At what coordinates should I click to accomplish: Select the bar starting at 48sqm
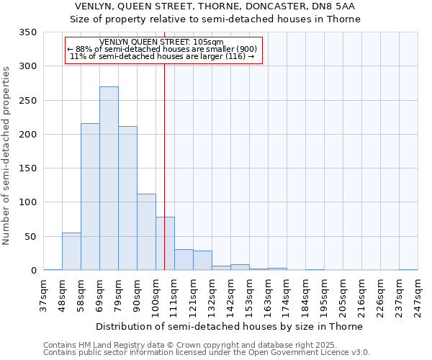(71, 251)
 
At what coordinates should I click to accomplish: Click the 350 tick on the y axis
(27, 32)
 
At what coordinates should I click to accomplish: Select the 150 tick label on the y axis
(27, 168)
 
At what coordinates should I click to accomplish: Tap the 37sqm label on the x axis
(43, 295)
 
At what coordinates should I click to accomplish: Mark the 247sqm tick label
(418, 295)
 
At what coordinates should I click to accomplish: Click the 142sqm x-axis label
(230, 295)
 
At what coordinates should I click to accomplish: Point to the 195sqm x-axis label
(324, 295)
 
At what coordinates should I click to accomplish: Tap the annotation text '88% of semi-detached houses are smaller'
(164, 49)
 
